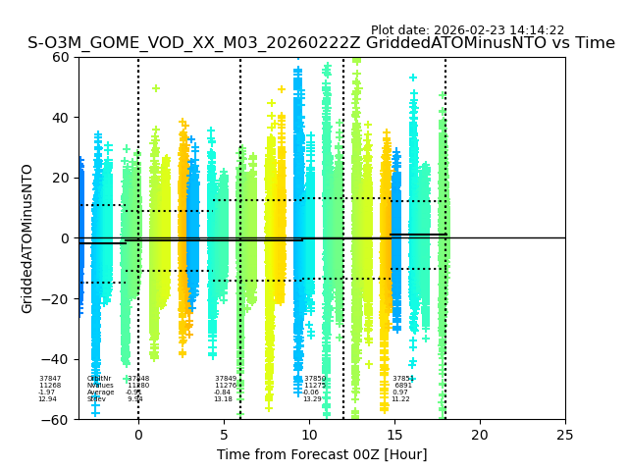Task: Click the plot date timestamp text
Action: (x=467, y=30)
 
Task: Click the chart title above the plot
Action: (x=321, y=43)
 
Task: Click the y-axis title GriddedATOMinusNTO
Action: (x=27, y=238)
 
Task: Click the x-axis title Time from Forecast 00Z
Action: (x=322, y=454)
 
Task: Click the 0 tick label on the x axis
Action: (x=138, y=435)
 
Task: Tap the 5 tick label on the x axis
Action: (x=224, y=435)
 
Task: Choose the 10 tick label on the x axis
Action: (x=309, y=435)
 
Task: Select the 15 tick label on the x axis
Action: (x=394, y=435)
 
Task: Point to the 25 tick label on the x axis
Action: (x=565, y=435)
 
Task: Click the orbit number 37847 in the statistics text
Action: (x=50, y=379)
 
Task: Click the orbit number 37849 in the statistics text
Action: (x=226, y=379)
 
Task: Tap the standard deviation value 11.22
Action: (x=400, y=399)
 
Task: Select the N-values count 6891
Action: (x=403, y=386)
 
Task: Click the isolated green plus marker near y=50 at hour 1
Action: (x=155, y=88)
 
